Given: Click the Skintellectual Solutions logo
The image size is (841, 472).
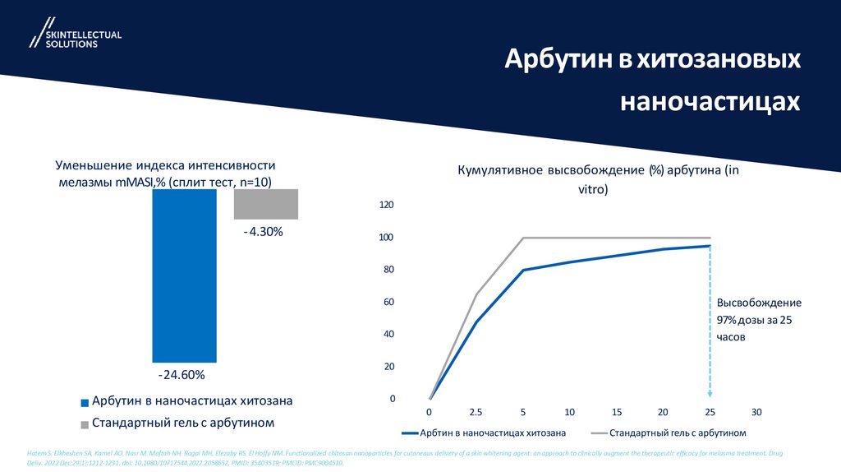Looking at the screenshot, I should pos(75,34).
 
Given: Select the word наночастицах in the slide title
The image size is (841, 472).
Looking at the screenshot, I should pos(709,101).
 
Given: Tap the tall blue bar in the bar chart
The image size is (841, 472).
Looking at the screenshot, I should pos(184,275).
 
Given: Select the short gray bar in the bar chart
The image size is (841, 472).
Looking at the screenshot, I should pos(266,204).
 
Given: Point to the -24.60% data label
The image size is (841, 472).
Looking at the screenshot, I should pos(182,375).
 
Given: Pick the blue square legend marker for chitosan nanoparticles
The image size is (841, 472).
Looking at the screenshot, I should pos(85,403).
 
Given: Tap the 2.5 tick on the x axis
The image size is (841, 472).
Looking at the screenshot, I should pos(476,411).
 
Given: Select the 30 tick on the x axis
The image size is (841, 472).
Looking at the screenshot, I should pos(756,411).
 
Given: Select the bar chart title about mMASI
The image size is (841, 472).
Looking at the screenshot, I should pos(165,174).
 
